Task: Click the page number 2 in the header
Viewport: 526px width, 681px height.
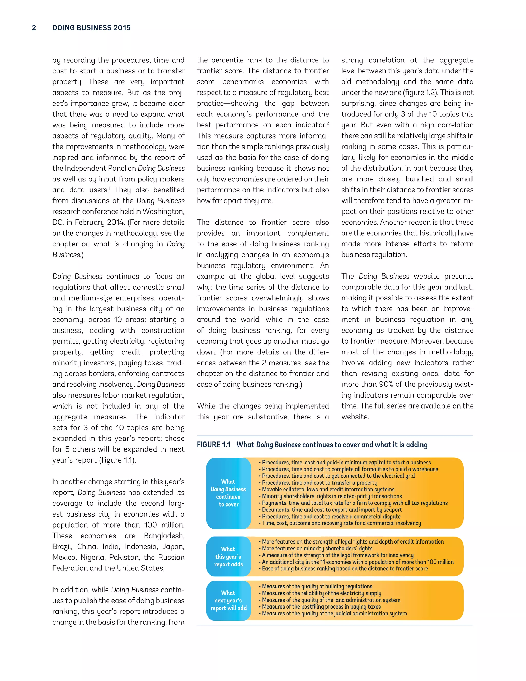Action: tap(34, 28)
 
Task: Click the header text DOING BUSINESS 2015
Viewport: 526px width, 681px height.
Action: tap(91, 28)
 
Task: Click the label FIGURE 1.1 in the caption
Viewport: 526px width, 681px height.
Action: tap(213, 445)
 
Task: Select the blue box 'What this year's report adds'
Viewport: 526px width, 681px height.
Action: tap(228, 557)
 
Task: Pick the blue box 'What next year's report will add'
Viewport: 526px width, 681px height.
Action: tap(228, 600)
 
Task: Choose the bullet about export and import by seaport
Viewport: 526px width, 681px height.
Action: tap(332, 510)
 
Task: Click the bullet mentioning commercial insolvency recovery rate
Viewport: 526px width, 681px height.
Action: tap(341, 523)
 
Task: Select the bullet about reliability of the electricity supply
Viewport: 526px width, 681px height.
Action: tap(321, 593)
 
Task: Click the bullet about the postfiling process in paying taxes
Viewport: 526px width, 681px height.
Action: tap(321, 606)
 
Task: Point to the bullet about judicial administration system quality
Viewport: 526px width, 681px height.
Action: tap(334, 613)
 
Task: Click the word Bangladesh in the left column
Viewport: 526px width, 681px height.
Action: tap(164, 536)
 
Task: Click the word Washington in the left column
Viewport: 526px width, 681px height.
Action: tap(163, 211)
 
